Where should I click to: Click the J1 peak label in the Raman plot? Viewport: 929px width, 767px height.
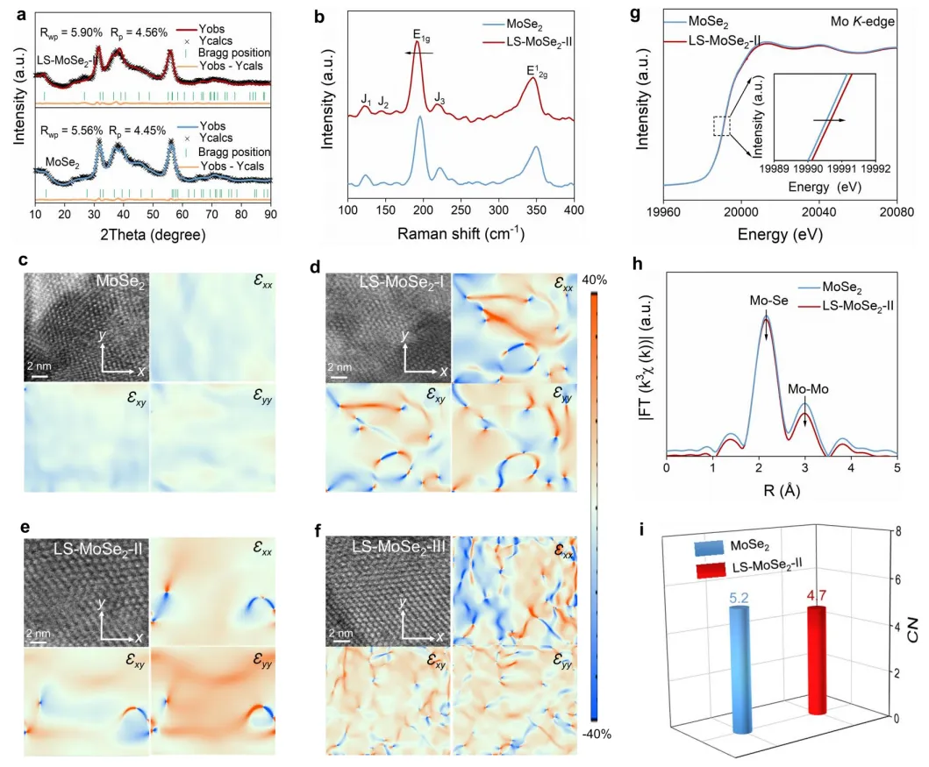366,100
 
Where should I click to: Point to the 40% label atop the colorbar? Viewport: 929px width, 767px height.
605,280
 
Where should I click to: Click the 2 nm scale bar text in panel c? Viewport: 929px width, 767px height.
37,365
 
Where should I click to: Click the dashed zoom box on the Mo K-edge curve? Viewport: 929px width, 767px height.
722,127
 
